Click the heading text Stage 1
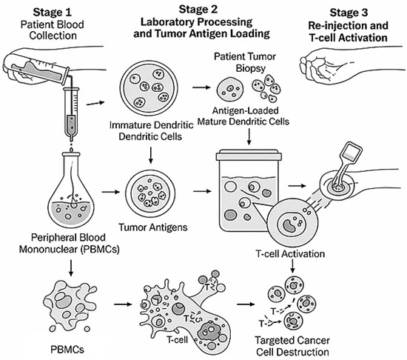(x=53, y=12)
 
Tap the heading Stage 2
(x=198, y=10)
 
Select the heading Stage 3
(x=349, y=13)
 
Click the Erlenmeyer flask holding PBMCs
(x=70, y=190)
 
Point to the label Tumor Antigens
(x=153, y=227)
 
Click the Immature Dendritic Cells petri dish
(x=149, y=88)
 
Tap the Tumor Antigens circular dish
(x=150, y=193)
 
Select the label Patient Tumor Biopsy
(x=245, y=62)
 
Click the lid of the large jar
(x=249, y=155)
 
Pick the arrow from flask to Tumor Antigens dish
(x=110, y=192)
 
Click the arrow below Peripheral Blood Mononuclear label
(x=70, y=268)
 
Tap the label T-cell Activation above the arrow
(x=290, y=254)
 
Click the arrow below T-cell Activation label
(x=292, y=266)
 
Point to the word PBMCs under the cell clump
(x=67, y=350)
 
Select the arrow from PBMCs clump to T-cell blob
(x=123, y=304)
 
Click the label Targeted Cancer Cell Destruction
(x=292, y=346)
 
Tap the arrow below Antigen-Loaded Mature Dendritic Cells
(x=249, y=136)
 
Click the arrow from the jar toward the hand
(x=297, y=186)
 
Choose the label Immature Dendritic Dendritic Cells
(x=151, y=130)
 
